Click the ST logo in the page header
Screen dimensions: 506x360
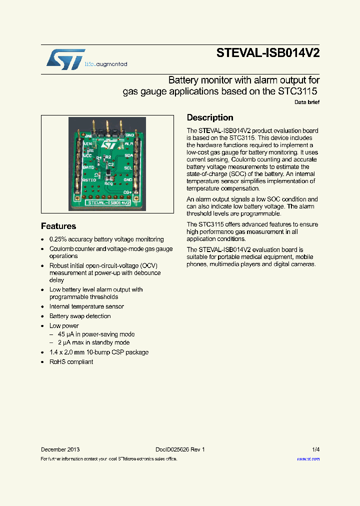click(x=66, y=59)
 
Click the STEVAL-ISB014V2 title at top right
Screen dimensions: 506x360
click(x=268, y=53)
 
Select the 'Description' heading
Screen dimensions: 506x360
click(x=210, y=118)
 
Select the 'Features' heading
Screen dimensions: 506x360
click(x=58, y=226)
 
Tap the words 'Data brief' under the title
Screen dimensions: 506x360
click(x=307, y=102)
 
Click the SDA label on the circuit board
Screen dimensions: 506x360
click(x=128, y=155)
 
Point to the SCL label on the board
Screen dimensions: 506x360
click(x=128, y=167)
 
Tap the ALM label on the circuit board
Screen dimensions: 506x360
click(x=128, y=144)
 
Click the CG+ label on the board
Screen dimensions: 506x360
click(x=127, y=192)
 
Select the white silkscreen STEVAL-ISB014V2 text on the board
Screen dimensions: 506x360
click(x=108, y=203)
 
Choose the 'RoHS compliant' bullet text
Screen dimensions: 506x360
click(x=71, y=361)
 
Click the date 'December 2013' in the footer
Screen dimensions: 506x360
click(x=60, y=449)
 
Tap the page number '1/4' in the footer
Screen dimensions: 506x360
click(x=315, y=449)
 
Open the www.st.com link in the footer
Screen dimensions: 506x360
click(x=308, y=458)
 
